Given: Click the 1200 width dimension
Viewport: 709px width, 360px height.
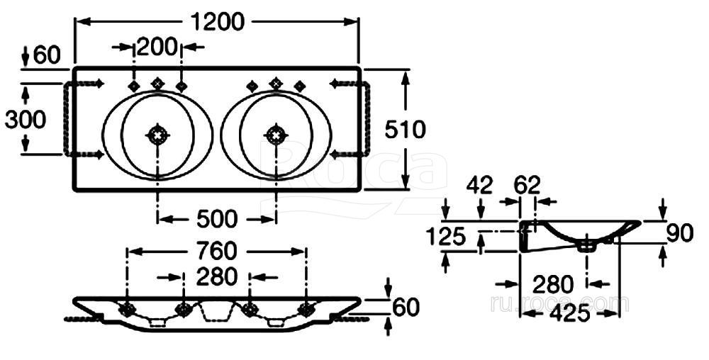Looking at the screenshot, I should pyautogui.click(x=218, y=22).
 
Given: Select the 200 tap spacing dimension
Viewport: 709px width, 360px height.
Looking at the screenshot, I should pyautogui.click(x=157, y=47).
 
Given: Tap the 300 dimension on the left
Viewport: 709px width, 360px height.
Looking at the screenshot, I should pyautogui.click(x=26, y=119).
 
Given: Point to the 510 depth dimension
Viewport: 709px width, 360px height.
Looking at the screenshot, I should pyautogui.click(x=405, y=129).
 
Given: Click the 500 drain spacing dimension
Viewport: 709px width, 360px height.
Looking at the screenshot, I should pyautogui.click(x=217, y=219).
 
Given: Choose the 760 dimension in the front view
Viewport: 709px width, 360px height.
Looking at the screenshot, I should pyautogui.click(x=217, y=251).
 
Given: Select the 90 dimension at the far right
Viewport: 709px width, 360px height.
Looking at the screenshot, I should pyautogui.click(x=680, y=232).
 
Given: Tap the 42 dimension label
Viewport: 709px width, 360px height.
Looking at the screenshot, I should pyautogui.click(x=480, y=186).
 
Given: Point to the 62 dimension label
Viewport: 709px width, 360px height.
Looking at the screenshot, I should pyautogui.click(x=527, y=186).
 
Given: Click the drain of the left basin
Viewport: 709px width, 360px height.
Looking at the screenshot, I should pyautogui.click(x=157, y=133).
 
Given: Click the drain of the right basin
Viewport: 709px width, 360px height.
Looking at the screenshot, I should pyautogui.click(x=276, y=133).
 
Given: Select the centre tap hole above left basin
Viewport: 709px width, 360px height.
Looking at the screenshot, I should pyautogui.click(x=157, y=84).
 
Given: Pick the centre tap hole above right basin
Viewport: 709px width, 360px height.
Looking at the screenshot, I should pyautogui.click(x=276, y=84).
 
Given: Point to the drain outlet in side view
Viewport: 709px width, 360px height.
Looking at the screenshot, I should pyautogui.click(x=587, y=246).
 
